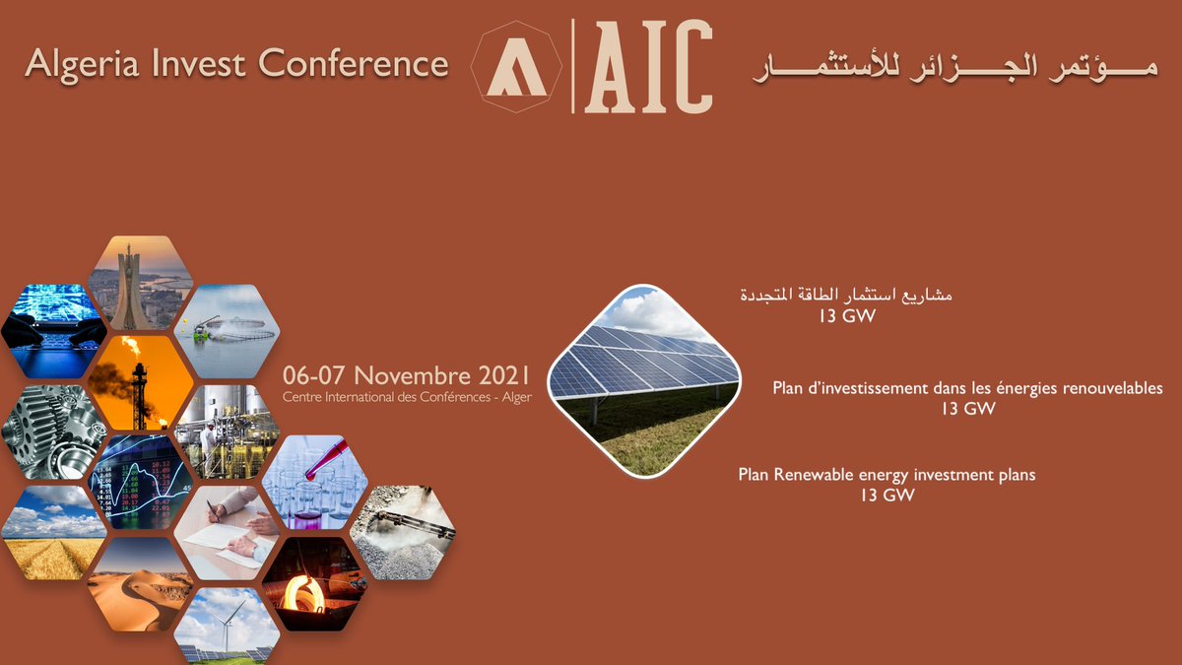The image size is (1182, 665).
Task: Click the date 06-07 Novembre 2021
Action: (x=407, y=375)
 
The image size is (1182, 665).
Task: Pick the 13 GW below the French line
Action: (x=967, y=409)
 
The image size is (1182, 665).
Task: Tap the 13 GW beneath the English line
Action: (x=886, y=496)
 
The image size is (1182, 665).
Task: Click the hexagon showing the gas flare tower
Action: (x=141, y=382)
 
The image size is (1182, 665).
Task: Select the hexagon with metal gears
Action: (x=54, y=432)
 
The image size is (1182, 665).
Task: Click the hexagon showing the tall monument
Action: (x=141, y=283)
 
